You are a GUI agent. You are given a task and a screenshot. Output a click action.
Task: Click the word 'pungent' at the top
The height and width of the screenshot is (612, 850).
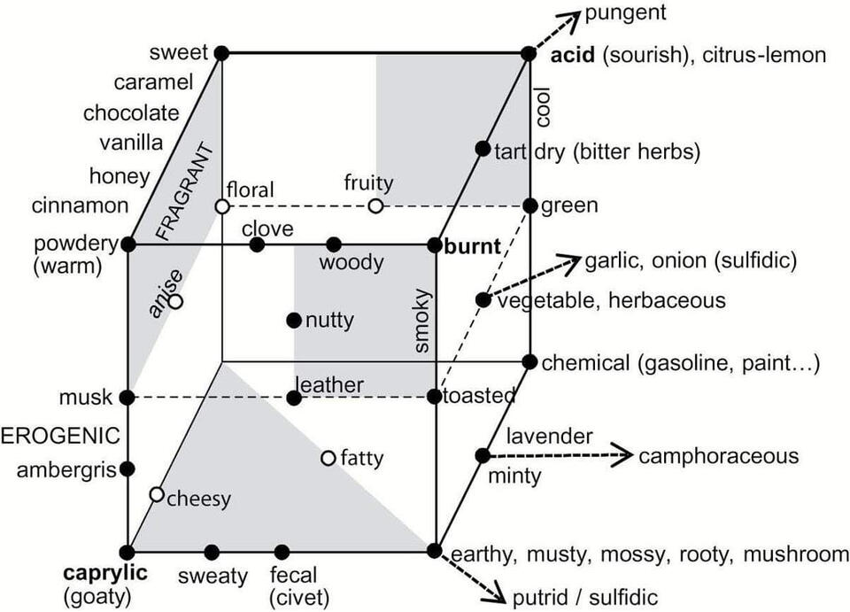point(625,12)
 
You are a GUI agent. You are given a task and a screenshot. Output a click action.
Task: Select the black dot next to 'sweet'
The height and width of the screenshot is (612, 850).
point(221,53)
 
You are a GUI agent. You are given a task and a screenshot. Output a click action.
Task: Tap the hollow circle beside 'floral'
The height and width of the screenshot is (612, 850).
point(222,206)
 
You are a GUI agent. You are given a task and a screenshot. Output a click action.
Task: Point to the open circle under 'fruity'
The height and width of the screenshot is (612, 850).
point(375,206)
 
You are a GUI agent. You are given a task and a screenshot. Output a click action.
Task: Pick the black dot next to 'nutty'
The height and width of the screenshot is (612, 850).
point(294,320)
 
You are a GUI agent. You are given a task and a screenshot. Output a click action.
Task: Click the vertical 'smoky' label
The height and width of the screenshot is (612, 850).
point(422,321)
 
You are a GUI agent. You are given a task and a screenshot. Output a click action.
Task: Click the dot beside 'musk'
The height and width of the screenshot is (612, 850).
point(127,398)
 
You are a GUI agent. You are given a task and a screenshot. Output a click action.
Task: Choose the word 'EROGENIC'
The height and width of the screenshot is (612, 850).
point(60,436)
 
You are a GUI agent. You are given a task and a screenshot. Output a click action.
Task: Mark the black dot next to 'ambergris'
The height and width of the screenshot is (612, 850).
point(127,468)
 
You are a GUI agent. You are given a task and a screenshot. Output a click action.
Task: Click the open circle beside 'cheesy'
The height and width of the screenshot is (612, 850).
point(157,493)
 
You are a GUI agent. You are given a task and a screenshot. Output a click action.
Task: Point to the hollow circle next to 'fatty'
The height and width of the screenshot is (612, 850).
point(328,458)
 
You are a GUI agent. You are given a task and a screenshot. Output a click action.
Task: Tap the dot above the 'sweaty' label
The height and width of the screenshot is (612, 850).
point(212,552)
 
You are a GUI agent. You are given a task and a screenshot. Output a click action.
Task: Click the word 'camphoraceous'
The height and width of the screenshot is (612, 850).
point(718,456)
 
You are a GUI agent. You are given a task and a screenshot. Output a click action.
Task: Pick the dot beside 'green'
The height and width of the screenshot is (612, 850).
point(529,206)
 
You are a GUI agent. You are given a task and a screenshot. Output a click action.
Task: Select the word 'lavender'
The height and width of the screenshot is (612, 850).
point(549,436)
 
